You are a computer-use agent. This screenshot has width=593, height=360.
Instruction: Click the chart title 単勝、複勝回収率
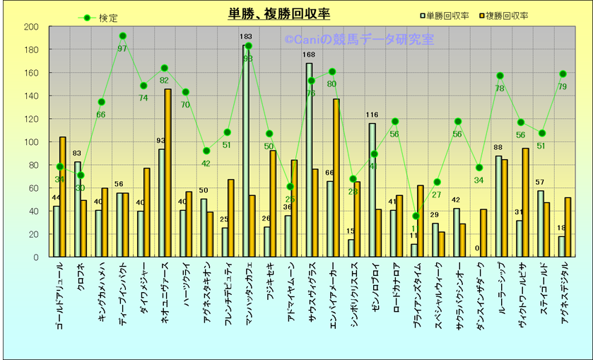point(279,14)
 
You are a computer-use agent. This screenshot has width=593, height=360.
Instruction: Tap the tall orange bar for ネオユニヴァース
point(168,173)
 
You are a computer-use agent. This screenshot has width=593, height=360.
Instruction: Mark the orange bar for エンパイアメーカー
point(336,178)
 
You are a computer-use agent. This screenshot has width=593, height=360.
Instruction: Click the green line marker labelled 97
point(123,35)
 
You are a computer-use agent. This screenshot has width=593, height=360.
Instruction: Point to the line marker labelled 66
point(101,102)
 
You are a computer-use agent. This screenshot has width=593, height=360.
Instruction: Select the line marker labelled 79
point(563,74)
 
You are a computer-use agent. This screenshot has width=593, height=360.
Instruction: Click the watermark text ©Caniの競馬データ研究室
point(359,40)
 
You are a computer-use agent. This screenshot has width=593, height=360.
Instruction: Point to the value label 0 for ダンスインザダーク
point(478,248)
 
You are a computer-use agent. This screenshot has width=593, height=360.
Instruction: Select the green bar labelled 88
point(498,206)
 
